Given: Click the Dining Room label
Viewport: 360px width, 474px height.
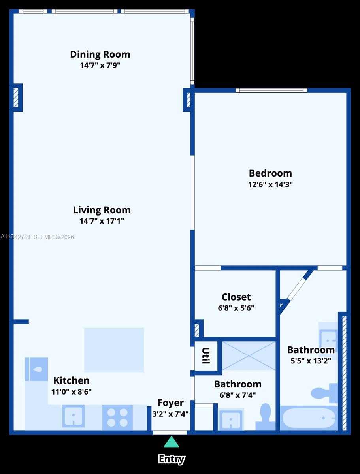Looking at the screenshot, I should (x=100, y=54).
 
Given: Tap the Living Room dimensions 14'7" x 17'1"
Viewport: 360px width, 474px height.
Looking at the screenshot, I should (x=102, y=221).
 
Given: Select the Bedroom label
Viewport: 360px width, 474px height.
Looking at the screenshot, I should (x=270, y=173).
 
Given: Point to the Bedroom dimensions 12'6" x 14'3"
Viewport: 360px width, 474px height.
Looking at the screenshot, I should (x=270, y=184).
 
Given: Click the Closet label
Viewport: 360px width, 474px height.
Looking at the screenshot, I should (x=236, y=297).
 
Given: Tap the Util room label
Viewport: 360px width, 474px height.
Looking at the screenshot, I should (x=205, y=356).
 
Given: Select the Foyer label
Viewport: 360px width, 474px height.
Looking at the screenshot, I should (x=170, y=403).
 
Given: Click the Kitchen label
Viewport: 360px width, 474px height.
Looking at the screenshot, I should (x=72, y=380).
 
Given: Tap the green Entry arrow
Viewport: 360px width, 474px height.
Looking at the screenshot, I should (x=171, y=442).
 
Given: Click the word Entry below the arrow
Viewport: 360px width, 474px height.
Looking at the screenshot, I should (x=172, y=459).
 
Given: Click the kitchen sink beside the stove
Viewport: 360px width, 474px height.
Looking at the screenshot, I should (x=73, y=416).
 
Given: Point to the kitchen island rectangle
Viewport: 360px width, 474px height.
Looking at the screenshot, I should (x=114, y=350).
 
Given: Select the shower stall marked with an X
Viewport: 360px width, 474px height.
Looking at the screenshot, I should (x=249, y=355).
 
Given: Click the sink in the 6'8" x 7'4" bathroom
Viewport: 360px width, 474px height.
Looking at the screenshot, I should (x=231, y=420).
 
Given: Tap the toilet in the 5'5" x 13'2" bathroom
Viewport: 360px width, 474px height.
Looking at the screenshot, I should (x=324, y=393).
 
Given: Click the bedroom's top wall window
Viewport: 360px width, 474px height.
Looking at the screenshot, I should (x=271, y=90).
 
